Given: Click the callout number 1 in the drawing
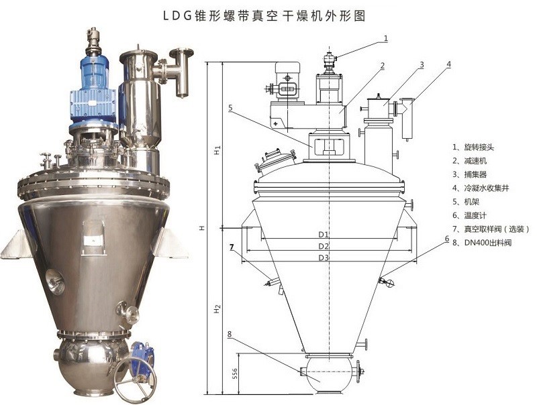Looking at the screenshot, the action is point(385,38).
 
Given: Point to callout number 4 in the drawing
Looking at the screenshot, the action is point(448,64).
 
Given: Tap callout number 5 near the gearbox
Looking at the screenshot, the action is point(230,108).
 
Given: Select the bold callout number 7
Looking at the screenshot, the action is point(232,246).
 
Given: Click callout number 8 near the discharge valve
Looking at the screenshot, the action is point(229,334).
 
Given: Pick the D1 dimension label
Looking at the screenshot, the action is point(324,234).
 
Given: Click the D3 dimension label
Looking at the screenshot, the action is point(324,257).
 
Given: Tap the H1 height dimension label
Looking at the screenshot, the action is point(217,150).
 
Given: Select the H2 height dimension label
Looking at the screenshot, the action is point(217,309).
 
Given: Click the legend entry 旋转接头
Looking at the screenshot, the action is point(479,147).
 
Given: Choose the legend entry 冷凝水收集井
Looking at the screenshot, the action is point(487,188).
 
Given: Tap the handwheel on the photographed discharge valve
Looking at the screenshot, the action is point(135,379).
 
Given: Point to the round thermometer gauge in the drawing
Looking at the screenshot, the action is point(390,283).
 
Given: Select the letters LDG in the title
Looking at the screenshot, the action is point(177,16).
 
